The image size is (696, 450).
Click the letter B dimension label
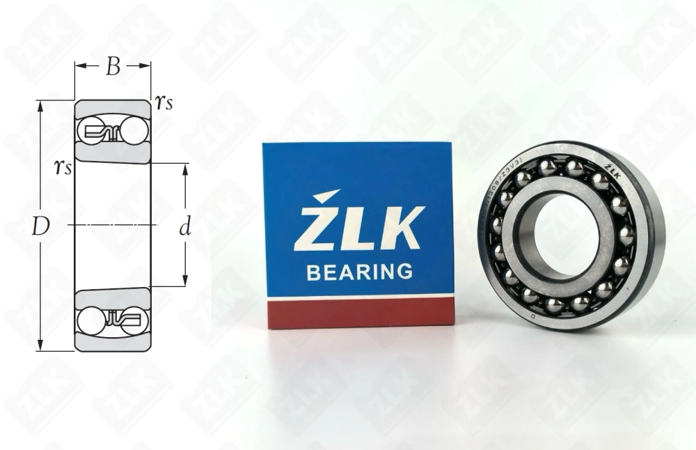113,67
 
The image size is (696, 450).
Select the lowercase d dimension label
184,227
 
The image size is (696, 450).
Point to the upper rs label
164,103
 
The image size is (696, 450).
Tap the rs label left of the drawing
63,167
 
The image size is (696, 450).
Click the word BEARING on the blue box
359,271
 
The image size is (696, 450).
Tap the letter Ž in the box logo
317,223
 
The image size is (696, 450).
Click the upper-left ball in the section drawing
91,131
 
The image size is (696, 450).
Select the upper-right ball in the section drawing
133,131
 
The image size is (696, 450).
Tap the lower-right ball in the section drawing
132,320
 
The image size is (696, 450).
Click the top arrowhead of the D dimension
40,105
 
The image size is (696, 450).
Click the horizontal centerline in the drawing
111,225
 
